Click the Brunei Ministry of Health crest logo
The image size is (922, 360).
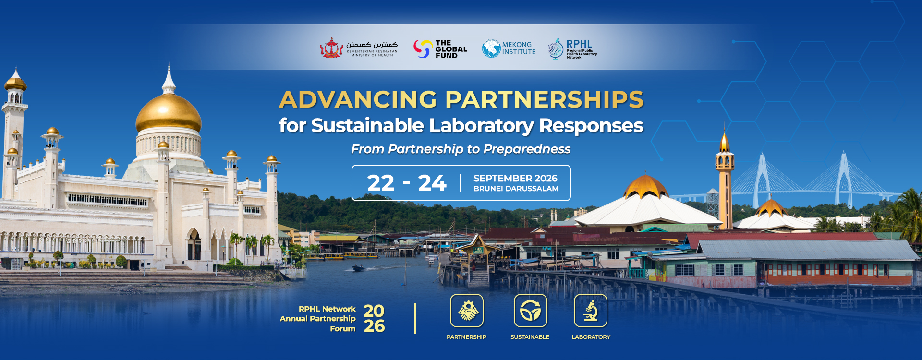(331, 48)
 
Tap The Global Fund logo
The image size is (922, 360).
(440, 49)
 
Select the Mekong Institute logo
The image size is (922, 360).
(509, 48)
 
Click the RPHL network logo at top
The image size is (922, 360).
(572, 48)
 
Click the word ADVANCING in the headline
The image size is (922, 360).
(358, 99)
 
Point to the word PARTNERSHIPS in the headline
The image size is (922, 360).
(545, 99)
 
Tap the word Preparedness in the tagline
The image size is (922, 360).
(527, 149)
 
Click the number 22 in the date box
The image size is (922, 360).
(380, 183)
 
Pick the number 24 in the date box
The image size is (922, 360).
(432, 183)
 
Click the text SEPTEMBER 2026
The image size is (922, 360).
(515, 178)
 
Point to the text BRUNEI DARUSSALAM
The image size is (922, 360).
(516, 189)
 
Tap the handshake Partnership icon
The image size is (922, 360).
(467, 311)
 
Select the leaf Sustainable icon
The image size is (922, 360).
(530, 311)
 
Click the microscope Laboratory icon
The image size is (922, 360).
(591, 311)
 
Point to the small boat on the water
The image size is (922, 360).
(358, 268)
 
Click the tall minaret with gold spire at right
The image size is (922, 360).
(725, 175)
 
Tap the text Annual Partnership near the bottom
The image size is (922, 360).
(317, 319)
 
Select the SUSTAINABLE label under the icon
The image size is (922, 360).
(530, 337)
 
